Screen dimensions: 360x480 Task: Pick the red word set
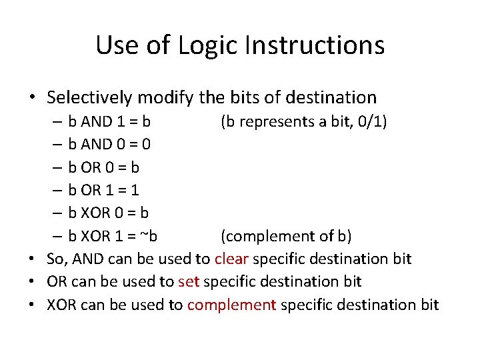(189, 281)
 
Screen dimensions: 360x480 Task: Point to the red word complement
(231, 305)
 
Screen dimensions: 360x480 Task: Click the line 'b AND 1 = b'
(109, 121)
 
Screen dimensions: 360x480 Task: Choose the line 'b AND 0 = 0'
(109, 144)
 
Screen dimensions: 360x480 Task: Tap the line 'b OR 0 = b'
(104, 167)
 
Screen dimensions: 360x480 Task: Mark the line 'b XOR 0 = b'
(108, 213)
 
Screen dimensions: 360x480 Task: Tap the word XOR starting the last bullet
(61, 305)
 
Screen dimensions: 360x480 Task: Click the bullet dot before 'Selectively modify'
(32, 98)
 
